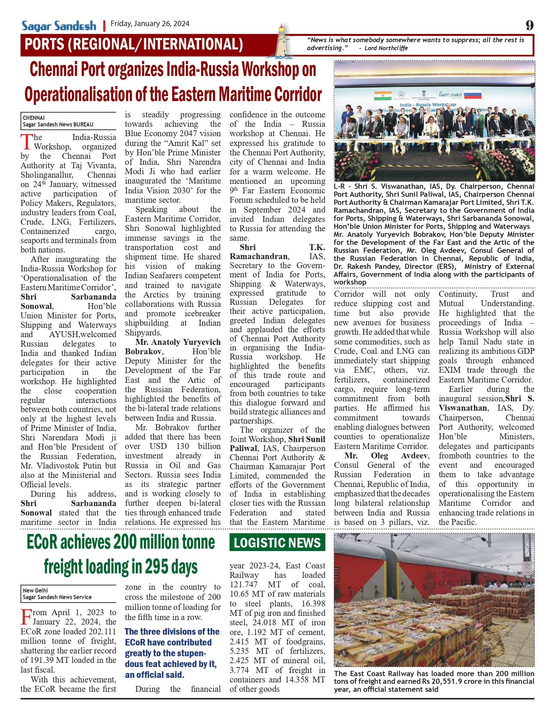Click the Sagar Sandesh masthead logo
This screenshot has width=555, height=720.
click(x=59, y=26)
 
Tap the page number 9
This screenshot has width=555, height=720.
click(x=529, y=25)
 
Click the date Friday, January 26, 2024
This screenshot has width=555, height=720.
click(x=150, y=24)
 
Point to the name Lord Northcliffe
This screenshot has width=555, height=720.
click(x=386, y=48)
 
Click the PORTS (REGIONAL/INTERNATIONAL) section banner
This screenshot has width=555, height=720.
click(x=134, y=45)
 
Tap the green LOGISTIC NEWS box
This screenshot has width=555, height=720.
click(x=277, y=543)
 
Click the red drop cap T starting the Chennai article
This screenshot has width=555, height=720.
click(x=27, y=142)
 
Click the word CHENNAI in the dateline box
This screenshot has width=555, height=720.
click(x=34, y=118)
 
